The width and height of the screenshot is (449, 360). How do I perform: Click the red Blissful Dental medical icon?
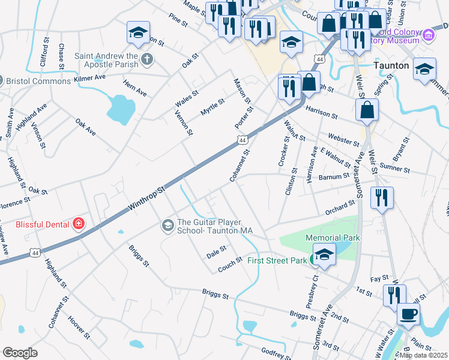tap(78, 224)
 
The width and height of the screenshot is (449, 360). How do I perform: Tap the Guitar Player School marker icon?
tap(167, 226)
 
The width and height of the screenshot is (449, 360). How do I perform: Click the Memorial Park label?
tap(333, 238)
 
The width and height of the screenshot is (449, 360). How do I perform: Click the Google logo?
tap(20, 353)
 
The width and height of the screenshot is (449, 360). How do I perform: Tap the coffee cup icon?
tap(408, 314)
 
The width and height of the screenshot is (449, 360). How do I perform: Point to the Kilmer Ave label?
tap(89, 78)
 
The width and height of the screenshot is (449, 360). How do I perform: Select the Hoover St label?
tap(79, 327)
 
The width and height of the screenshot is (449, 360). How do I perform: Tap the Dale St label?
tap(216, 248)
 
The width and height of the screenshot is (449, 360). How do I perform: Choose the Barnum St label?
tap(335, 177)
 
